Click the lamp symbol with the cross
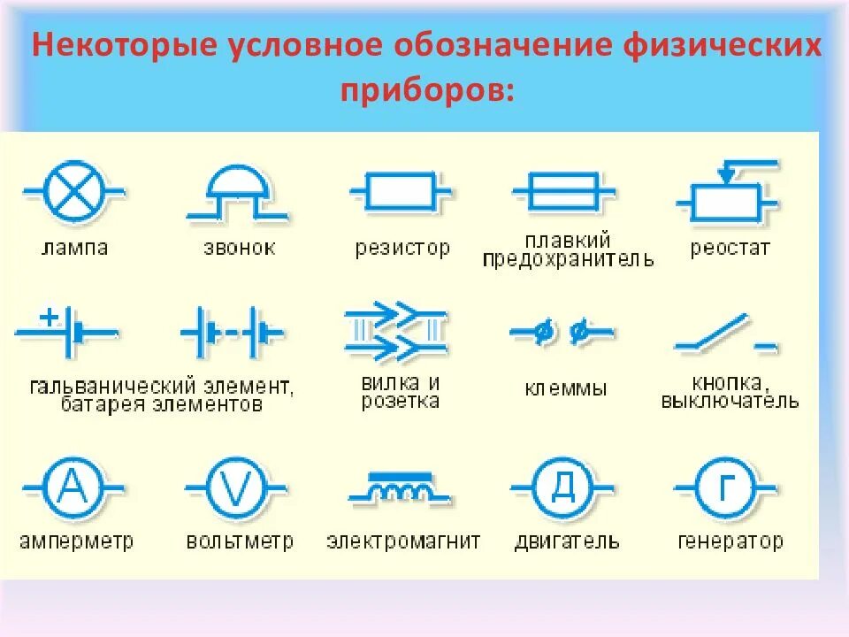click(x=73, y=191)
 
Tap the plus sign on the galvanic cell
click(x=50, y=315)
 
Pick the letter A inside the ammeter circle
click(x=73, y=487)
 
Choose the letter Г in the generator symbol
click(x=725, y=487)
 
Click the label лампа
click(x=75, y=248)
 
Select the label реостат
click(x=730, y=248)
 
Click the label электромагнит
click(x=403, y=541)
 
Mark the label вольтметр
click(x=240, y=541)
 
